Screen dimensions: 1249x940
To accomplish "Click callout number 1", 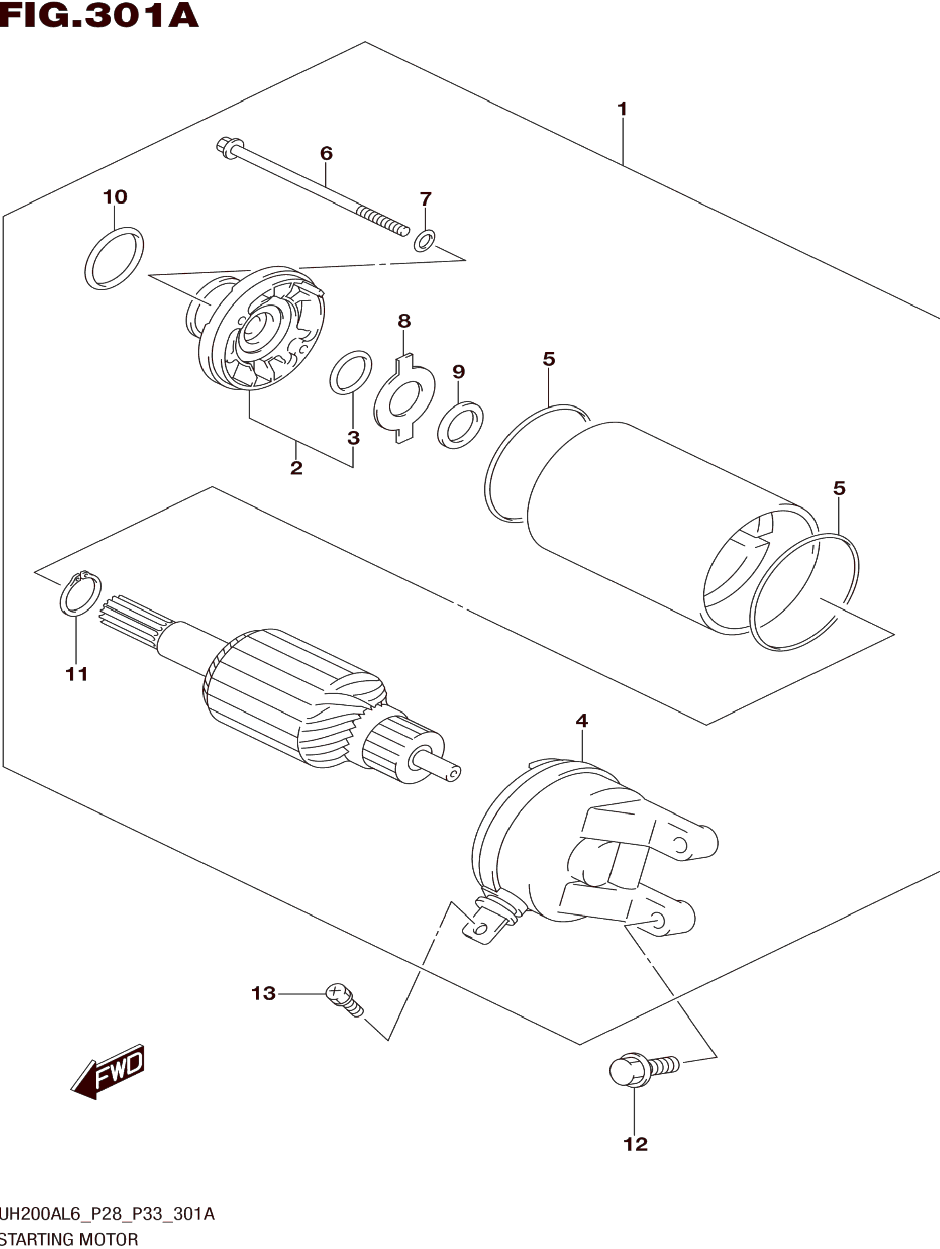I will pyautogui.click(x=623, y=109).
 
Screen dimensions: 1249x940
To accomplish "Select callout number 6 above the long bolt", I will pyautogui.click(x=326, y=153).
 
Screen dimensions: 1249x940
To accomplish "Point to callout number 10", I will pyautogui.click(x=115, y=197).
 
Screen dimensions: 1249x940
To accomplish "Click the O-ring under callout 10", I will pyautogui.click(x=114, y=259).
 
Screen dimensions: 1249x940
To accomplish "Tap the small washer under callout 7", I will pyautogui.click(x=424, y=241).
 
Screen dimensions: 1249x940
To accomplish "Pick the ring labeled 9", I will pyautogui.click(x=461, y=425).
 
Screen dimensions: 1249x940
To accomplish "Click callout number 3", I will pyautogui.click(x=354, y=438).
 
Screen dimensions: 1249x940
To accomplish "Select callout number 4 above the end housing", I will pyautogui.click(x=582, y=721).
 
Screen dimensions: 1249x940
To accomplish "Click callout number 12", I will pyautogui.click(x=635, y=1144).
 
